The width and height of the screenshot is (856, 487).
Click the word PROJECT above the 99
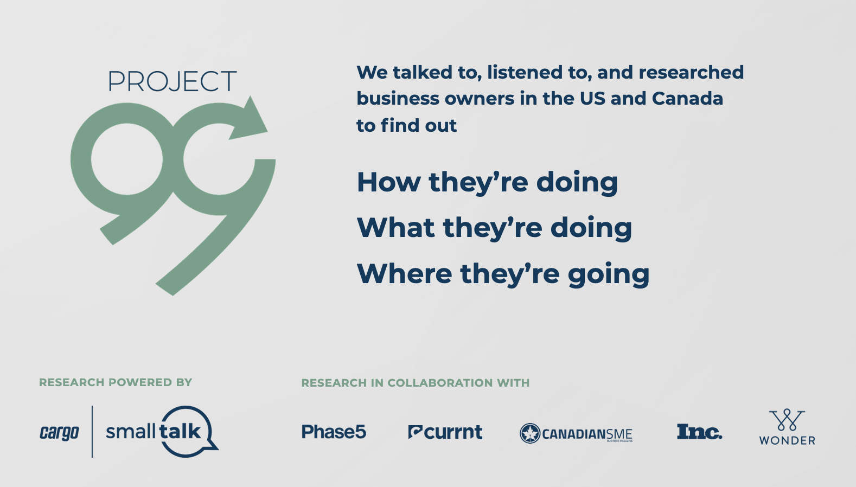point(173,81)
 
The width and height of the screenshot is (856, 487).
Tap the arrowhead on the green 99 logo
point(250,119)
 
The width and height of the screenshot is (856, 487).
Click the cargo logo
point(59,433)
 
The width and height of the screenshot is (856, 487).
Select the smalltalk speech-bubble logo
point(162,432)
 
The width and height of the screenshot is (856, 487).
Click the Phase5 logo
point(334,432)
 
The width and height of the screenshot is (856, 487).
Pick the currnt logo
point(445,432)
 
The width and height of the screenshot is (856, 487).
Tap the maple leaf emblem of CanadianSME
point(530,433)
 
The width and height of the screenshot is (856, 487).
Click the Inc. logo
point(699,432)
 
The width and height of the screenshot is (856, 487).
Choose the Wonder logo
point(787,427)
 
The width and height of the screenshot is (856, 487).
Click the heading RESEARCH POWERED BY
point(116,382)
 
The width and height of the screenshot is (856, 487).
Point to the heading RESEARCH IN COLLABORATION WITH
point(416,383)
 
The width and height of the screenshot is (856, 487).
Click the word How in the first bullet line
point(388,182)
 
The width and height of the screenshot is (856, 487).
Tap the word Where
point(404,273)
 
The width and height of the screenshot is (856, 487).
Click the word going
point(609,275)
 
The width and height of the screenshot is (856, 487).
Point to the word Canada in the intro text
point(687,98)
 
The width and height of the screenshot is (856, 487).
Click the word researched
point(691,72)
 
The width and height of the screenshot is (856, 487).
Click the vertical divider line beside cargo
point(92,432)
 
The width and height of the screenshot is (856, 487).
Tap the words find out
point(418,125)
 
